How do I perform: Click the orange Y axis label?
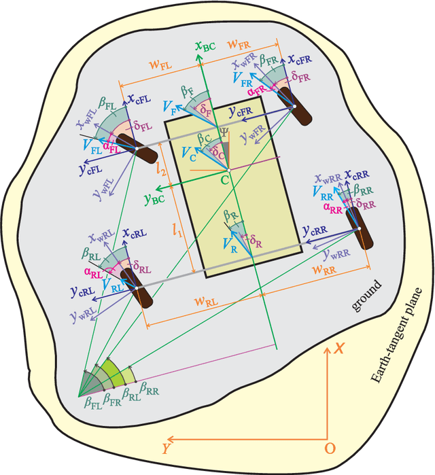click(165, 448)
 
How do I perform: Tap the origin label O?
click(330, 448)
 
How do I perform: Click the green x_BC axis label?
click(205, 47)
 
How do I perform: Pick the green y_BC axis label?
click(154, 200)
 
